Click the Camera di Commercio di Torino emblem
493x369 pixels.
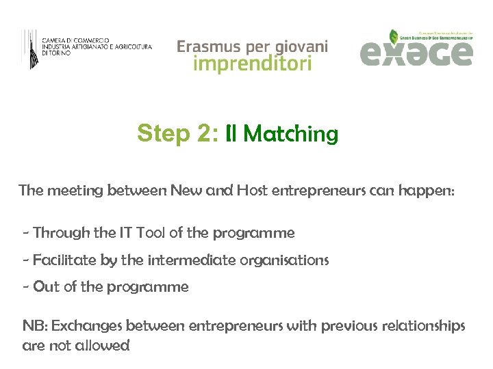tap(30, 49)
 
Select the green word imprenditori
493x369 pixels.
tap(253, 64)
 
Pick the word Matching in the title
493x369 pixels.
tap(290, 134)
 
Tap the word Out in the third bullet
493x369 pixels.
tap(47, 287)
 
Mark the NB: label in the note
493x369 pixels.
tap(35, 325)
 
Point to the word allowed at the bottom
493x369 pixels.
tap(101, 346)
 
